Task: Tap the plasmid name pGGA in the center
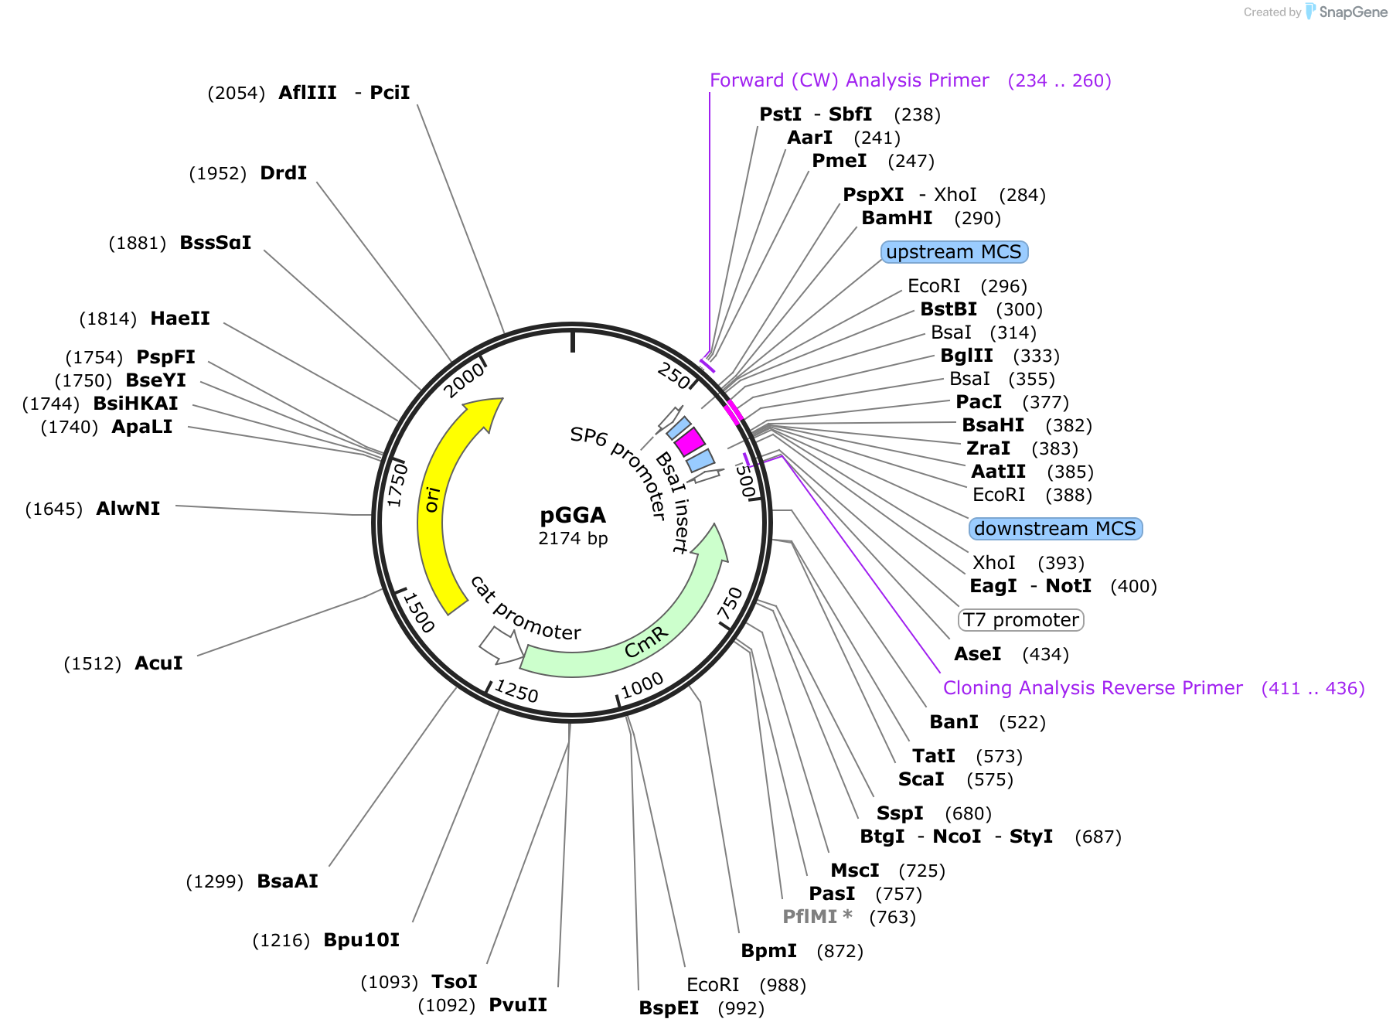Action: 572,516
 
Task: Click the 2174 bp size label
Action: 573,539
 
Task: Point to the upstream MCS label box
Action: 954,252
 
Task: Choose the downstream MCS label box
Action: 1054,529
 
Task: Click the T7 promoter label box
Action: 1020,620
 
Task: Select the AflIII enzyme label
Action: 308,93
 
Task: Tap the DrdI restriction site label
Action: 284,173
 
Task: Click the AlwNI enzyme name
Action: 128,509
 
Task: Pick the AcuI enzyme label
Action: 158,663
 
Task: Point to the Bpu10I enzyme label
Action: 361,940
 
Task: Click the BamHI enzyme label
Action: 897,218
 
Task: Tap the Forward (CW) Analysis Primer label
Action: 849,80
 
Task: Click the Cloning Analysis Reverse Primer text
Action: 1092,688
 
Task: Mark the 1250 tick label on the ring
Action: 516,690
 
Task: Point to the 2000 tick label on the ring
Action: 465,380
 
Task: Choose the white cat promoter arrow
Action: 499,646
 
